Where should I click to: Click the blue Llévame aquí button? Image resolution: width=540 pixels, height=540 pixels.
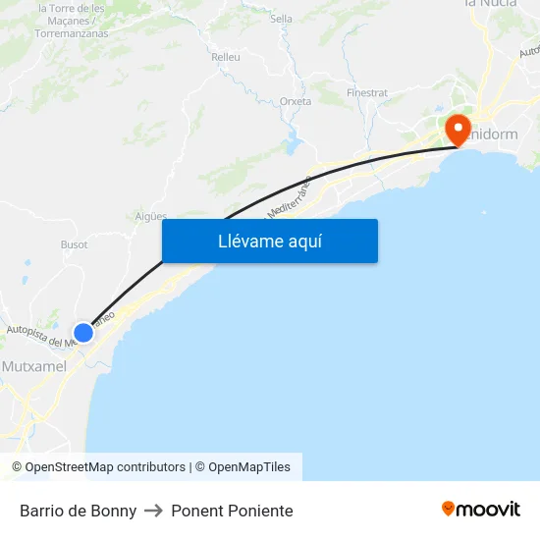[269, 241]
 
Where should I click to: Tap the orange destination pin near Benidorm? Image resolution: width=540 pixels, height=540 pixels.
[458, 129]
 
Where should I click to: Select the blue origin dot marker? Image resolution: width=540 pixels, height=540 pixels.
[83, 333]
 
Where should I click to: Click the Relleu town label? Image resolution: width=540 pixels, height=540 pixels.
[226, 57]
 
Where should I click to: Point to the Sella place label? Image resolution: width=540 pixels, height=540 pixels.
[281, 19]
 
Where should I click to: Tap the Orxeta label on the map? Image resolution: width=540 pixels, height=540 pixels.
[296, 101]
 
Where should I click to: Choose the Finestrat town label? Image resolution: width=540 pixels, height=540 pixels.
[367, 93]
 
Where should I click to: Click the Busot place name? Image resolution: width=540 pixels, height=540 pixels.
[75, 244]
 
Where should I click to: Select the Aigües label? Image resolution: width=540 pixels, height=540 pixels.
[151, 216]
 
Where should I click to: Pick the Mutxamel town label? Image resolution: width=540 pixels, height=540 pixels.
[34, 366]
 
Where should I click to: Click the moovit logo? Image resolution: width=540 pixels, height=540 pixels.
[480, 510]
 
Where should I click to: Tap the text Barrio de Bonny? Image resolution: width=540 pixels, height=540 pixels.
[78, 511]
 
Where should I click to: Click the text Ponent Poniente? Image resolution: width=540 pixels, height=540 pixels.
[232, 511]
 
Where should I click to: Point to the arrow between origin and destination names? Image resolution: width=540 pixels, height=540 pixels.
[153, 511]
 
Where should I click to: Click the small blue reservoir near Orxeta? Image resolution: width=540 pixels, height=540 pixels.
[294, 145]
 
